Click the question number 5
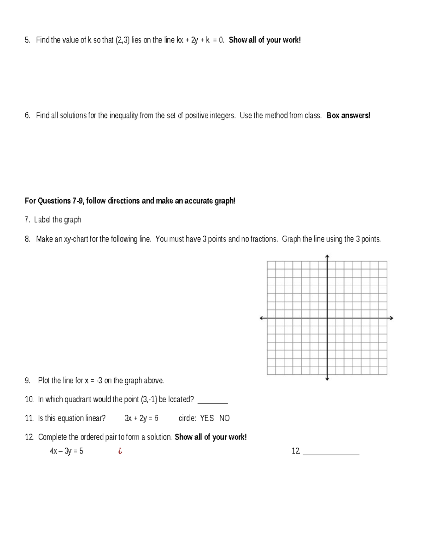27,40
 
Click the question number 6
27,116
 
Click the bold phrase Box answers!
348,116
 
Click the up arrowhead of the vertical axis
327,256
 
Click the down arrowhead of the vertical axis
327,379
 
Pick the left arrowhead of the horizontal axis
261,318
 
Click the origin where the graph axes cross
327,318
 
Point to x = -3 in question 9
94,380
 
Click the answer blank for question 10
213,401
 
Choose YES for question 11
207,418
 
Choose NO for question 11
224,418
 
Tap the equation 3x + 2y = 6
141,418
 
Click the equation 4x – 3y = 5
66,451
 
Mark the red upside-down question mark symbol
120,451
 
